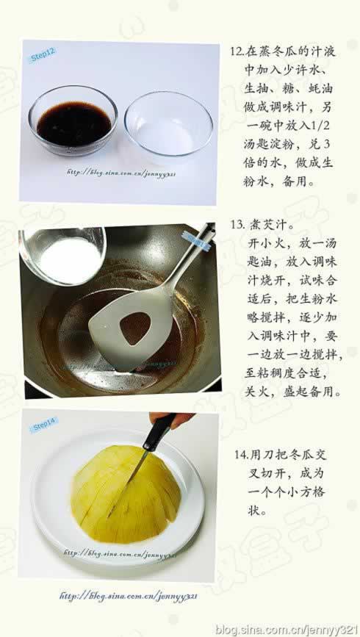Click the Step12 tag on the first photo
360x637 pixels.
point(43,56)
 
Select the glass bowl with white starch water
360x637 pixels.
point(168,123)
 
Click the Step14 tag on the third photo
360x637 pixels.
point(44,425)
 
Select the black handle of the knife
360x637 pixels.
point(158,433)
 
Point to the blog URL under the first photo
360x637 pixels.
point(121,174)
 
